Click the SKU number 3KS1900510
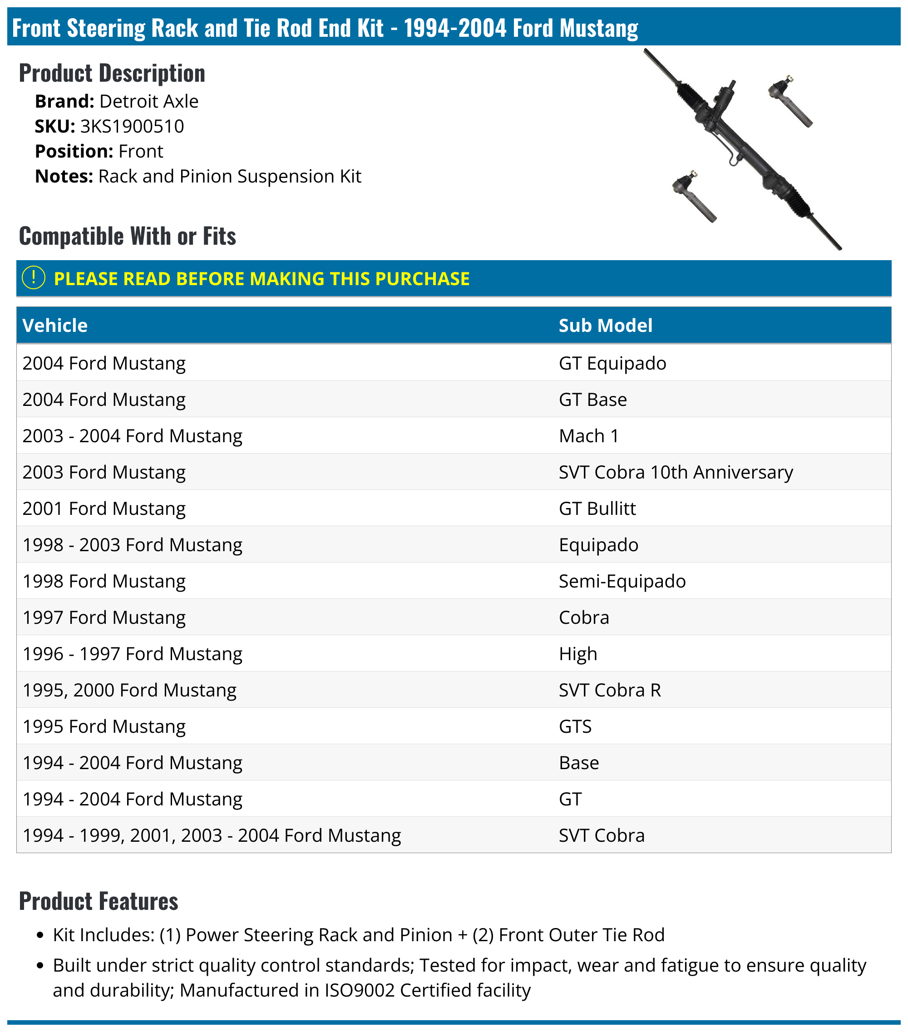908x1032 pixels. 132,126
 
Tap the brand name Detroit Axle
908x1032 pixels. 149,102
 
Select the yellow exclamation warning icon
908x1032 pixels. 34,278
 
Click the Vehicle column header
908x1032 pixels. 55,326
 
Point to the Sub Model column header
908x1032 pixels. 605,326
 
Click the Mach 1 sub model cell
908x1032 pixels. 588,436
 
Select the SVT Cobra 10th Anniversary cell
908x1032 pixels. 675,472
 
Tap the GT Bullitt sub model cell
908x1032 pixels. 597,509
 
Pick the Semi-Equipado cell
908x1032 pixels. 622,581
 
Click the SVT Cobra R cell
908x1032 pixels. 610,690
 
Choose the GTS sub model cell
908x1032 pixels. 575,726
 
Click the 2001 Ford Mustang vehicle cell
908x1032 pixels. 104,509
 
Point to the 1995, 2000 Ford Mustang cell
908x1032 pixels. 129,690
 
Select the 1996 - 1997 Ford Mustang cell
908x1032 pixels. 132,654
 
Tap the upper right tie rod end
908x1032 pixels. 790,101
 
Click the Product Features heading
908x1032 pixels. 99,902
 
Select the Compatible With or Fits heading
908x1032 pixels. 127,236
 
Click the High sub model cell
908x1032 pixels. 578,654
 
